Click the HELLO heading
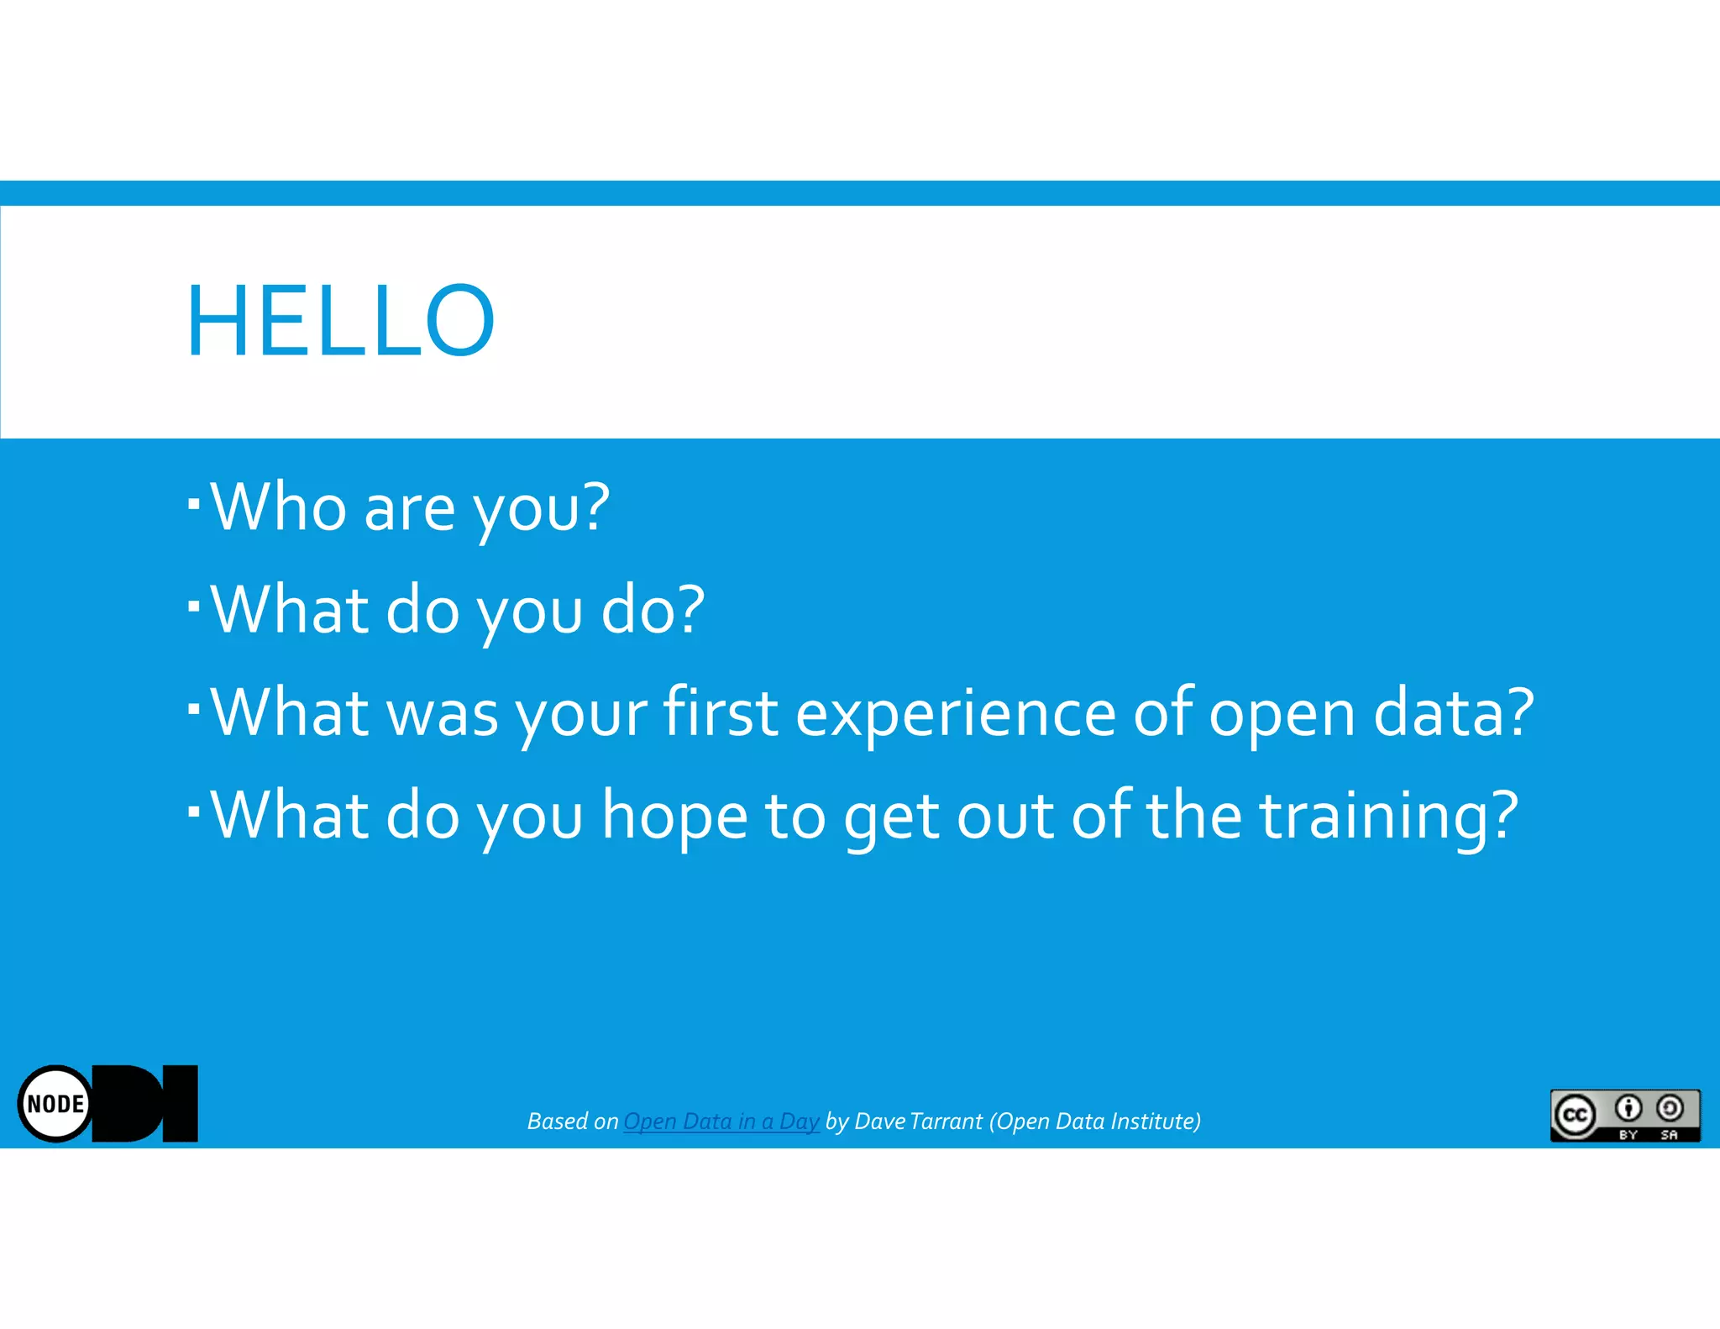click(340, 321)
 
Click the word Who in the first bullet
click(278, 507)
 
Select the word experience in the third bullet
click(955, 714)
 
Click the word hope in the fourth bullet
click(674, 817)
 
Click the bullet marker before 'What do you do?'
click(194, 606)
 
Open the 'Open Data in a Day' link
click(721, 1122)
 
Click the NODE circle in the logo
click(55, 1104)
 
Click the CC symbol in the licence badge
click(1575, 1115)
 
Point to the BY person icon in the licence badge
click(1628, 1109)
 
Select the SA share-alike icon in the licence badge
click(1670, 1109)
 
